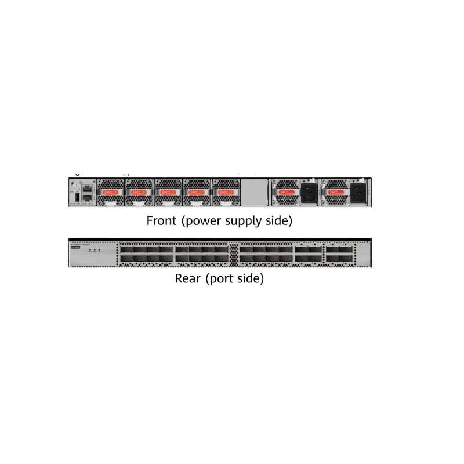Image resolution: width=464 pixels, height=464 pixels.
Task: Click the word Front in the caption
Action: coord(162,221)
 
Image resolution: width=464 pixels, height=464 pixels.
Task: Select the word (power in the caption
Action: coord(201,221)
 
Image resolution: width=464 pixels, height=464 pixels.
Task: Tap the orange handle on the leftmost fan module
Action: coord(110,191)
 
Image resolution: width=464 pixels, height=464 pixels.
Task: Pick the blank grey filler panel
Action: coord(253,191)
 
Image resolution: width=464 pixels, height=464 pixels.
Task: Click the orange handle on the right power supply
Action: coord(336,191)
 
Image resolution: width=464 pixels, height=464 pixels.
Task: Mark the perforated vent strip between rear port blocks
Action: coord(234,253)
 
